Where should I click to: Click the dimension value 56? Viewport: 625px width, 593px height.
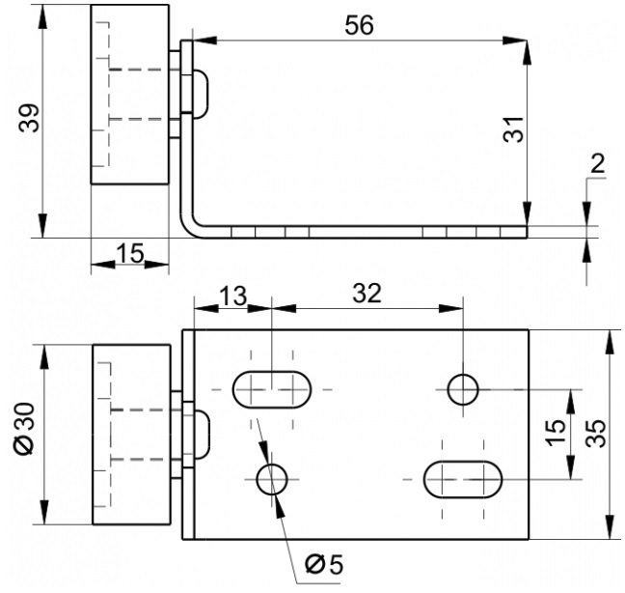click(x=359, y=25)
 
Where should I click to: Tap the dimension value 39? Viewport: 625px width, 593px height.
click(x=29, y=118)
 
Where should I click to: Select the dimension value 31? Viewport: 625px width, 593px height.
click(x=513, y=129)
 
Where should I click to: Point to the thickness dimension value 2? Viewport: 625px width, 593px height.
click(x=597, y=163)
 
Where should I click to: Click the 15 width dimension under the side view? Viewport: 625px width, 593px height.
click(x=130, y=253)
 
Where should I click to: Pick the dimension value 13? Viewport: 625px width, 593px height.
click(x=233, y=296)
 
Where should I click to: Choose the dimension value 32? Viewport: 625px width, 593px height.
click(x=367, y=294)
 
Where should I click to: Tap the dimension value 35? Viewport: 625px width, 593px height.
click(x=596, y=434)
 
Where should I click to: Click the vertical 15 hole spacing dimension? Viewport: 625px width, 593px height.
click(x=556, y=432)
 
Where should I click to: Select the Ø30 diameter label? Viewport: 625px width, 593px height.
click(x=25, y=428)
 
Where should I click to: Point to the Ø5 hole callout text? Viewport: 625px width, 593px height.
click(x=324, y=565)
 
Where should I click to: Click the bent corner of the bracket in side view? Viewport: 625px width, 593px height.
click(x=188, y=230)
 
